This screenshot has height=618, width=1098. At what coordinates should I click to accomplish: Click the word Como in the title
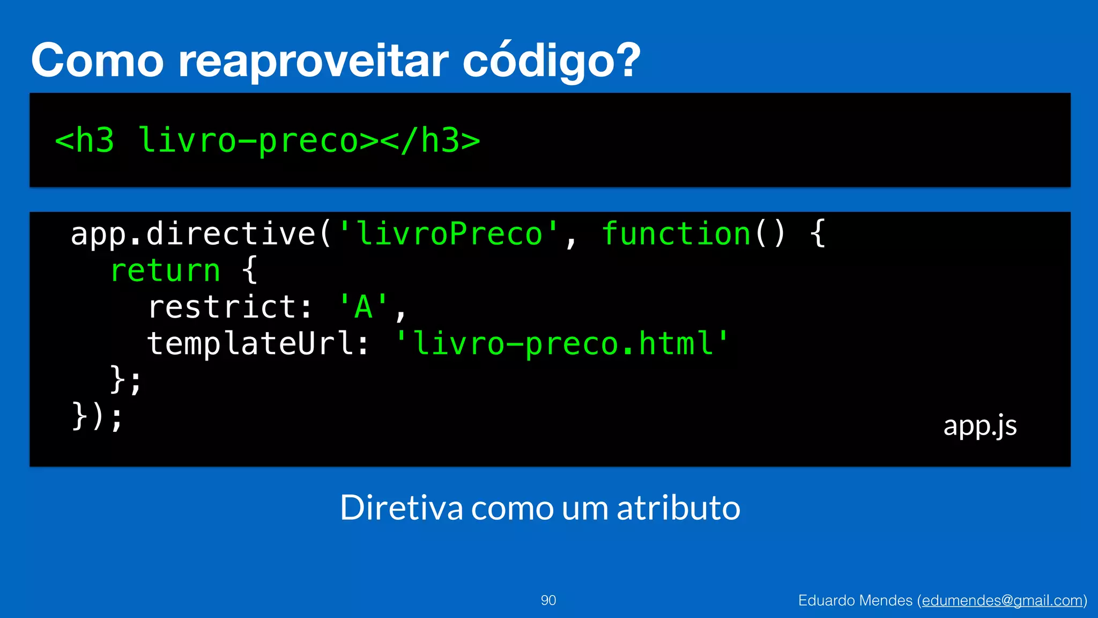point(98,61)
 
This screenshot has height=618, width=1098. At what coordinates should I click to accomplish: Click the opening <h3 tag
point(85,141)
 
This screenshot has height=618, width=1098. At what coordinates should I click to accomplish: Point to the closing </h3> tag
point(432,141)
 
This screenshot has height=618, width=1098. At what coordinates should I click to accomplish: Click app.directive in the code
point(193,234)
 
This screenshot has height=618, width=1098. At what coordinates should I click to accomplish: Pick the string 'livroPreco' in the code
point(449,234)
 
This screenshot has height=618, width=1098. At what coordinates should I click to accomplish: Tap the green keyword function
point(676,234)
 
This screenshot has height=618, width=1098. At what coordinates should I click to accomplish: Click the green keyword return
point(166,270)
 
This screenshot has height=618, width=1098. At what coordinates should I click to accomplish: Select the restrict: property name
point(229,307)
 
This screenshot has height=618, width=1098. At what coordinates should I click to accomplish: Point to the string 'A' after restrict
point(363,307)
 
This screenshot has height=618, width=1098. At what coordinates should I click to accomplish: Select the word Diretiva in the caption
point(401,507)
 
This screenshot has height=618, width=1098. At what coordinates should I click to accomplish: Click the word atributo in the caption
point(679,507)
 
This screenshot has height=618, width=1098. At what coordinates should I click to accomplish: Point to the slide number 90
point(548,600)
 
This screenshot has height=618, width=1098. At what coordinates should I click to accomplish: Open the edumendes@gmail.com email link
point(1002,600)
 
